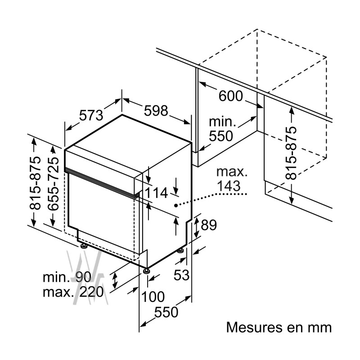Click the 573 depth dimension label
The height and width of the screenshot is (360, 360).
(x=91, y=116)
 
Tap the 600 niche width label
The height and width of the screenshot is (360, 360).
(x=230, y=96)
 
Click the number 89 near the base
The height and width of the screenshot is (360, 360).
(x=209, y=225)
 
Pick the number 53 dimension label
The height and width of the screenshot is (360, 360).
(x=182, y=275)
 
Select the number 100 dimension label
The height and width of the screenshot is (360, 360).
(x=153, y=297)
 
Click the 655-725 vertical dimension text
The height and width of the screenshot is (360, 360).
(x=53, y=184)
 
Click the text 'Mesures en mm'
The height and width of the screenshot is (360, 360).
(x=279, y=327)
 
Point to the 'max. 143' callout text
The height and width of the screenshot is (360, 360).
(x=231, y=178)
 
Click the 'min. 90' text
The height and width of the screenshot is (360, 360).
(x=67, y=277)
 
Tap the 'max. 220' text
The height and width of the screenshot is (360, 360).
(x=73, y=292)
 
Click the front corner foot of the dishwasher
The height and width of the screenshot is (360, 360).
(x=146, y=271)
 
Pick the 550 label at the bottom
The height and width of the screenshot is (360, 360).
(x=166, y=311)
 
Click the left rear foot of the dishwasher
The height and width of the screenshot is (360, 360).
(x=84, y=246)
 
